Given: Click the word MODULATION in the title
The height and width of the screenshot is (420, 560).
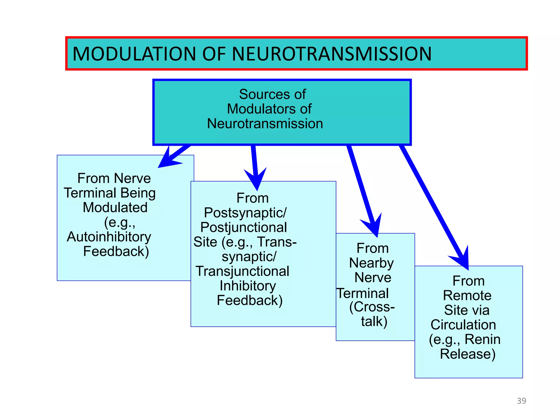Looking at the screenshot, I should (x=134, y=54).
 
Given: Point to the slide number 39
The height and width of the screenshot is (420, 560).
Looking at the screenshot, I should (x=521, y=401).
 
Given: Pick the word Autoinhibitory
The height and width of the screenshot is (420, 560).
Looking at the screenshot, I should (x=109, y=237).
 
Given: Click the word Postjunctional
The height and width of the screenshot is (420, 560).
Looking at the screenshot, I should (x=244, y=227).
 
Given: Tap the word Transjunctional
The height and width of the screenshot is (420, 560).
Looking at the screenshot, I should (x=243, y=271).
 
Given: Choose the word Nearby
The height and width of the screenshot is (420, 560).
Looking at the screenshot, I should (x=371, y=263).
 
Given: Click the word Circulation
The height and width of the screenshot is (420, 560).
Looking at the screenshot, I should (x=463, y=325).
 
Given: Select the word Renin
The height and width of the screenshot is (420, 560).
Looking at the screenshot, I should (x=482, y=339).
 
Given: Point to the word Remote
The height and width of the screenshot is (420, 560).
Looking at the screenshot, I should (x=467, y=296).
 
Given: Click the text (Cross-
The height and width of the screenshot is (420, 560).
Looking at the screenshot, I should (x=372, y=307).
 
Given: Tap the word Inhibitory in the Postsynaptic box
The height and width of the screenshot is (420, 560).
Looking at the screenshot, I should (x=248, y=286).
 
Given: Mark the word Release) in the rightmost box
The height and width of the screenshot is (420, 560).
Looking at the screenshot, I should (x=468, y=354).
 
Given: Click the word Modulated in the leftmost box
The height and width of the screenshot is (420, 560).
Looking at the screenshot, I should (x=115, y=208).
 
